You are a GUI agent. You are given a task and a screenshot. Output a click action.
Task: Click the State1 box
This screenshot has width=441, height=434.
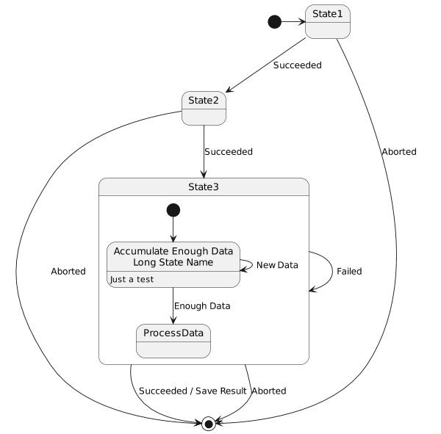pos(327,21)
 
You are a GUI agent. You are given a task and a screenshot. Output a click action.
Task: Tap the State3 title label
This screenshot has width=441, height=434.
pos(204,187)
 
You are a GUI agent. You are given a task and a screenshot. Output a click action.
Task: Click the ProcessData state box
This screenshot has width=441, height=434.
pos(173,340)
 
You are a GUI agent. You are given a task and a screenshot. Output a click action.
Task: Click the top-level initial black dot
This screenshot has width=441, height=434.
pos(274,21)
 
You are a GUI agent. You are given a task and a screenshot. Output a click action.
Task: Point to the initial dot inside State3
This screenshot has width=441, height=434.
pos(173,210)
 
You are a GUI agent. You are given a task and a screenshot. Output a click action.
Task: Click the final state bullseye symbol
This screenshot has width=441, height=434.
pos(208,423)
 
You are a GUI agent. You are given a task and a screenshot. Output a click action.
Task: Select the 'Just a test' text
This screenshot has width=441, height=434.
pos(132,280)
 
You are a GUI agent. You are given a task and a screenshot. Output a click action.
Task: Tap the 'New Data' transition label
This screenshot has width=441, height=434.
pos(277,264)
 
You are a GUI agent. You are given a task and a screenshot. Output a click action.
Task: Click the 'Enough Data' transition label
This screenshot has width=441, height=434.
pos(202,305)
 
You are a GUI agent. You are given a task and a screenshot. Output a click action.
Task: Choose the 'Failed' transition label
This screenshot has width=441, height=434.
pos(349,271)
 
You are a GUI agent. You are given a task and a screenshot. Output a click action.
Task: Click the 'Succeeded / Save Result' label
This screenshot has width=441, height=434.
pos(193,391)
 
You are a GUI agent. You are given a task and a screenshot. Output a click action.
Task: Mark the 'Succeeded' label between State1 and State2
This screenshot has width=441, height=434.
pos(297,65)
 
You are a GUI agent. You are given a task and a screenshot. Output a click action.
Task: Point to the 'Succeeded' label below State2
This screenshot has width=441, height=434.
pos(229,151)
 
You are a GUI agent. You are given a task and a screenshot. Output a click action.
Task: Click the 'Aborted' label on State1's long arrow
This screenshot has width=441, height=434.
pos(399,152)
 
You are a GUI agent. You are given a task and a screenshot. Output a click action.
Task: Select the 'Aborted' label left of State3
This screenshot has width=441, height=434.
pos(68,271)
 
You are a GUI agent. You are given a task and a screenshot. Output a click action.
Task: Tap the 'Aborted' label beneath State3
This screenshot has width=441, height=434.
pos(269,391)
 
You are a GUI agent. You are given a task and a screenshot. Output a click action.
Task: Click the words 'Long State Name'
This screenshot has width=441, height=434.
pos(173,262)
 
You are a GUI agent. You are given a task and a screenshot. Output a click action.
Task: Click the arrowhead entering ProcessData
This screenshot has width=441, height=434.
pos(173,320)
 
